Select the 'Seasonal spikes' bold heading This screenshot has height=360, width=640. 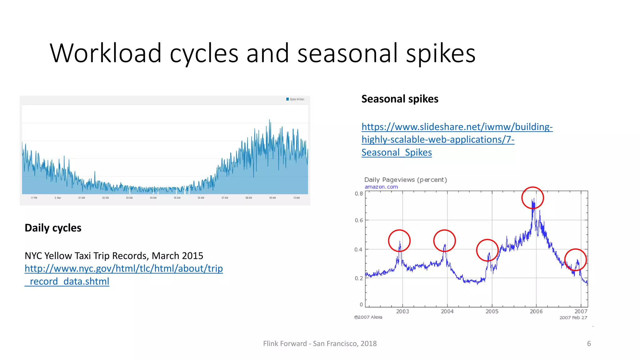(400, 99)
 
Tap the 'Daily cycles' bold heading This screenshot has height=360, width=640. (53, 228)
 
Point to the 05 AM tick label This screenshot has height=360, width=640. (177, 198)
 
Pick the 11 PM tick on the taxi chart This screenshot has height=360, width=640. (34, 198)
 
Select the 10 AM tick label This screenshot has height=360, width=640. (296, 198)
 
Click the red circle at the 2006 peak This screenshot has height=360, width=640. (532, 198)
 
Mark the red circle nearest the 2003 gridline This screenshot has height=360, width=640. (399, 241)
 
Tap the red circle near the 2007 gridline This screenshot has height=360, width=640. (575, 260)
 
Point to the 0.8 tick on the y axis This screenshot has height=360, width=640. (359, 194)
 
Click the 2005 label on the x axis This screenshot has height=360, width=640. (492, 312)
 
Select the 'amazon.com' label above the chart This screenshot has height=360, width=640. (381, 187)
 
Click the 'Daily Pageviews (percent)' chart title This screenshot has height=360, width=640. (405, 180)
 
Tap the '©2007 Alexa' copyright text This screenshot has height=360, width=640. (368, 317)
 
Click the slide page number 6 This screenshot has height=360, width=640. (589, 344)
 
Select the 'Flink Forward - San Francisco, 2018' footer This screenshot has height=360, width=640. (320, 344)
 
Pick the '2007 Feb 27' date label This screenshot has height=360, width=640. (573, 318)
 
